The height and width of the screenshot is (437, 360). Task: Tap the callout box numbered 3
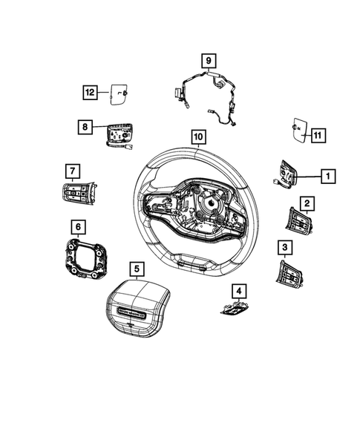click(284, 246)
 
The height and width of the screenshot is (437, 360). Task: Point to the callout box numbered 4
click(239, 290)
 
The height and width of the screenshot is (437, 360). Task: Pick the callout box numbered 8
click(86, 127)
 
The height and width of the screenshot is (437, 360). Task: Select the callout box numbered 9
click(209, 60)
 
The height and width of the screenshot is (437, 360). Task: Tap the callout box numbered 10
click(197, 137)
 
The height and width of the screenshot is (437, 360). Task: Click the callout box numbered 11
click(318, 135)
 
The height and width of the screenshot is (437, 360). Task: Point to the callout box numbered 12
click(90, 92)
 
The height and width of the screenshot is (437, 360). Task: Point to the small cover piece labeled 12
click(121, 93)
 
